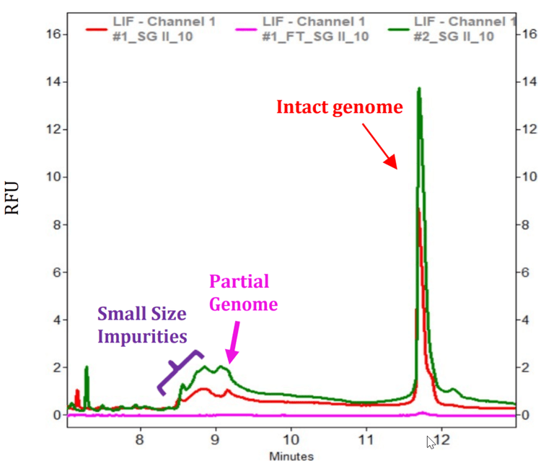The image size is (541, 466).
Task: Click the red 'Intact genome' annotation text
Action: (339, 108)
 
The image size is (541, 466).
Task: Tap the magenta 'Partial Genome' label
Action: (243, 293)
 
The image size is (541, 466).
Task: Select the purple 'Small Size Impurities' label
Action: (142, 325)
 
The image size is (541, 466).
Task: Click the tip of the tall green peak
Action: (418, 89)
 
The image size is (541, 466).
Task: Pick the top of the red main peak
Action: (419, 209)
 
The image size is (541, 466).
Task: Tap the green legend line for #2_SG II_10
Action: (398, 29)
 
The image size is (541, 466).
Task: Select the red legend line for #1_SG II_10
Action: (97, 29)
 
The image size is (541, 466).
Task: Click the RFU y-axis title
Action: (12, 198)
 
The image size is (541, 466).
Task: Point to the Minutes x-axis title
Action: (292, 456)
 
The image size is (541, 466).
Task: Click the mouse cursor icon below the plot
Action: (431, 441)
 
